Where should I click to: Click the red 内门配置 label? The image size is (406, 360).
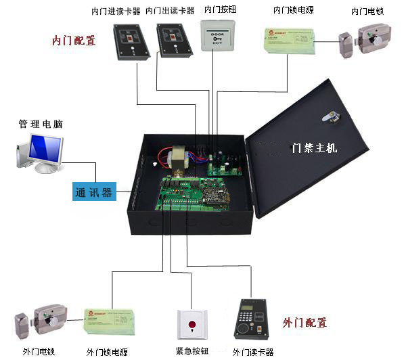pyautogui.click(x=74, y=40)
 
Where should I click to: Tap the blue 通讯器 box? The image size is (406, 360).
pyautogui.click(x=94, y=192)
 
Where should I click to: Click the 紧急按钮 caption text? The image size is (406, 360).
pyautogui.click(x=192, y=351)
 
